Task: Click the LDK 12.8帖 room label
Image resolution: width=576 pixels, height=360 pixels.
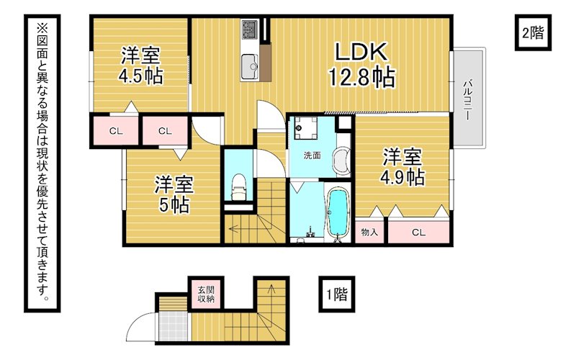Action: pos(361,65)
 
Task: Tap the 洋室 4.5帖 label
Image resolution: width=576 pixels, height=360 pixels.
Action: pos(140,66)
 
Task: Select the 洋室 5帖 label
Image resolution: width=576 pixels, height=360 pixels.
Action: pos(174,194)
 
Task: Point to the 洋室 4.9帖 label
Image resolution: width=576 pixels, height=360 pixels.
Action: pos(402,167)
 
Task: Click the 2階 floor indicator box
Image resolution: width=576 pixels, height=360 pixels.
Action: pos(533,32)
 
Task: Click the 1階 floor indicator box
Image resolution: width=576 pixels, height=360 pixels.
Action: pos(336,294)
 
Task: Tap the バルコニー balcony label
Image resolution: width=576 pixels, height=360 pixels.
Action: pos(467,99)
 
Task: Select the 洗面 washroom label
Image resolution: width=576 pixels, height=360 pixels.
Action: pos(312,156)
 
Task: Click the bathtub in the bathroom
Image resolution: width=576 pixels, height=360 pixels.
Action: pos(338,213)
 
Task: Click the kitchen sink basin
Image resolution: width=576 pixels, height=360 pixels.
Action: pos(251,66)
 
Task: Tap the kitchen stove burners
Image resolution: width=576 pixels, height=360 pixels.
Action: pos(250,30)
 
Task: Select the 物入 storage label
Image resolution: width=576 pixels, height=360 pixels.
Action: pos(369,232)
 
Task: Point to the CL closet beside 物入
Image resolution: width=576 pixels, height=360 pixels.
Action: pos(418,232)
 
